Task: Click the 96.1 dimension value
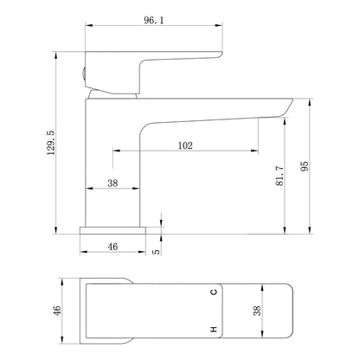[153, 20]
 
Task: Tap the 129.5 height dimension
[50, 143]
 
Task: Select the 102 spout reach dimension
[185, 145]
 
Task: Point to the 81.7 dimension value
[280, 176]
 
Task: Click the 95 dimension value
[305, 166]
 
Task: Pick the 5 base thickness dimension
[156, 251]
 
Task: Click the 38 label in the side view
[112, 183]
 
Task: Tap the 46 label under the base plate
[112, 247]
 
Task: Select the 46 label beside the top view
[57, 311]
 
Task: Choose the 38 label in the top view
[257, 310]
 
